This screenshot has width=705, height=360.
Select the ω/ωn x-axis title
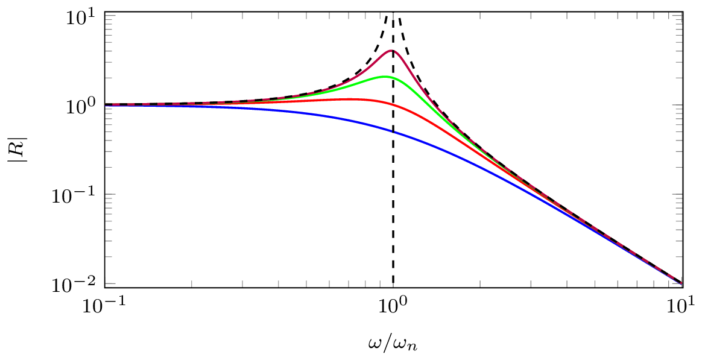[x=392, y=344]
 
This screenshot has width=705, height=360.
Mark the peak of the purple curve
[x=391, y=51]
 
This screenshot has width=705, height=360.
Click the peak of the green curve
[x=387, y=77]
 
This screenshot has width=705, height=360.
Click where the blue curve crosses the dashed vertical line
[x=393, y=131]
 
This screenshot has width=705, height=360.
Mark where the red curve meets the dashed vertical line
[x=393, y=104]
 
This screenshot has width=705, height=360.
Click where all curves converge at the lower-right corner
[x=681, y=283]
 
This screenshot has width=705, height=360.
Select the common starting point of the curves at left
[x=106, y=105]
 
